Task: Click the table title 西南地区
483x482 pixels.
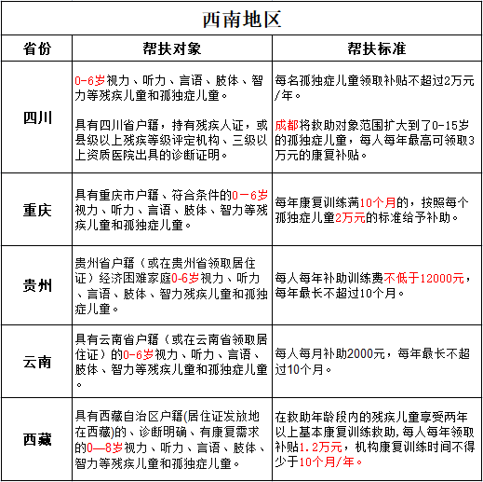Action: [241, 19]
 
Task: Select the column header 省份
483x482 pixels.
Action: [37, 48]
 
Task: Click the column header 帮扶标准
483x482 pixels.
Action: [376, 48]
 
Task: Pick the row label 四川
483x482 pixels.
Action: [37, 117]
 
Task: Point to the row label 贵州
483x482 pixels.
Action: [37, 285]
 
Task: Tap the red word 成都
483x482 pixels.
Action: [287, 124]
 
